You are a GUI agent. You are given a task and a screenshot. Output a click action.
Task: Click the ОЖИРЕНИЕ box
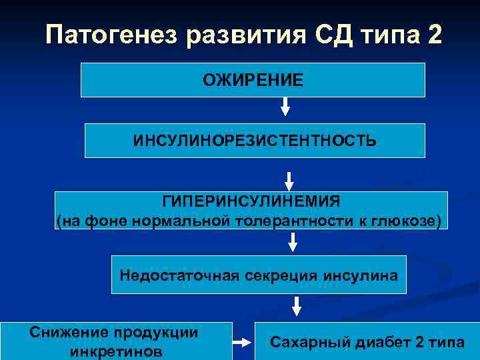253,80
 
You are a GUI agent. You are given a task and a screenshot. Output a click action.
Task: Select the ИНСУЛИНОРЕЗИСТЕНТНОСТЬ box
255,141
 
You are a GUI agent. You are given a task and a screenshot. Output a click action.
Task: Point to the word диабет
378,342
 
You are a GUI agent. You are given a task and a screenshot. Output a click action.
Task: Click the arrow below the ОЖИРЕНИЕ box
285,107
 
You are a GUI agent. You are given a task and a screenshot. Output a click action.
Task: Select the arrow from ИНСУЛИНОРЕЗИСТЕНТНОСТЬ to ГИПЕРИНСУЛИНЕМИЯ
289,181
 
